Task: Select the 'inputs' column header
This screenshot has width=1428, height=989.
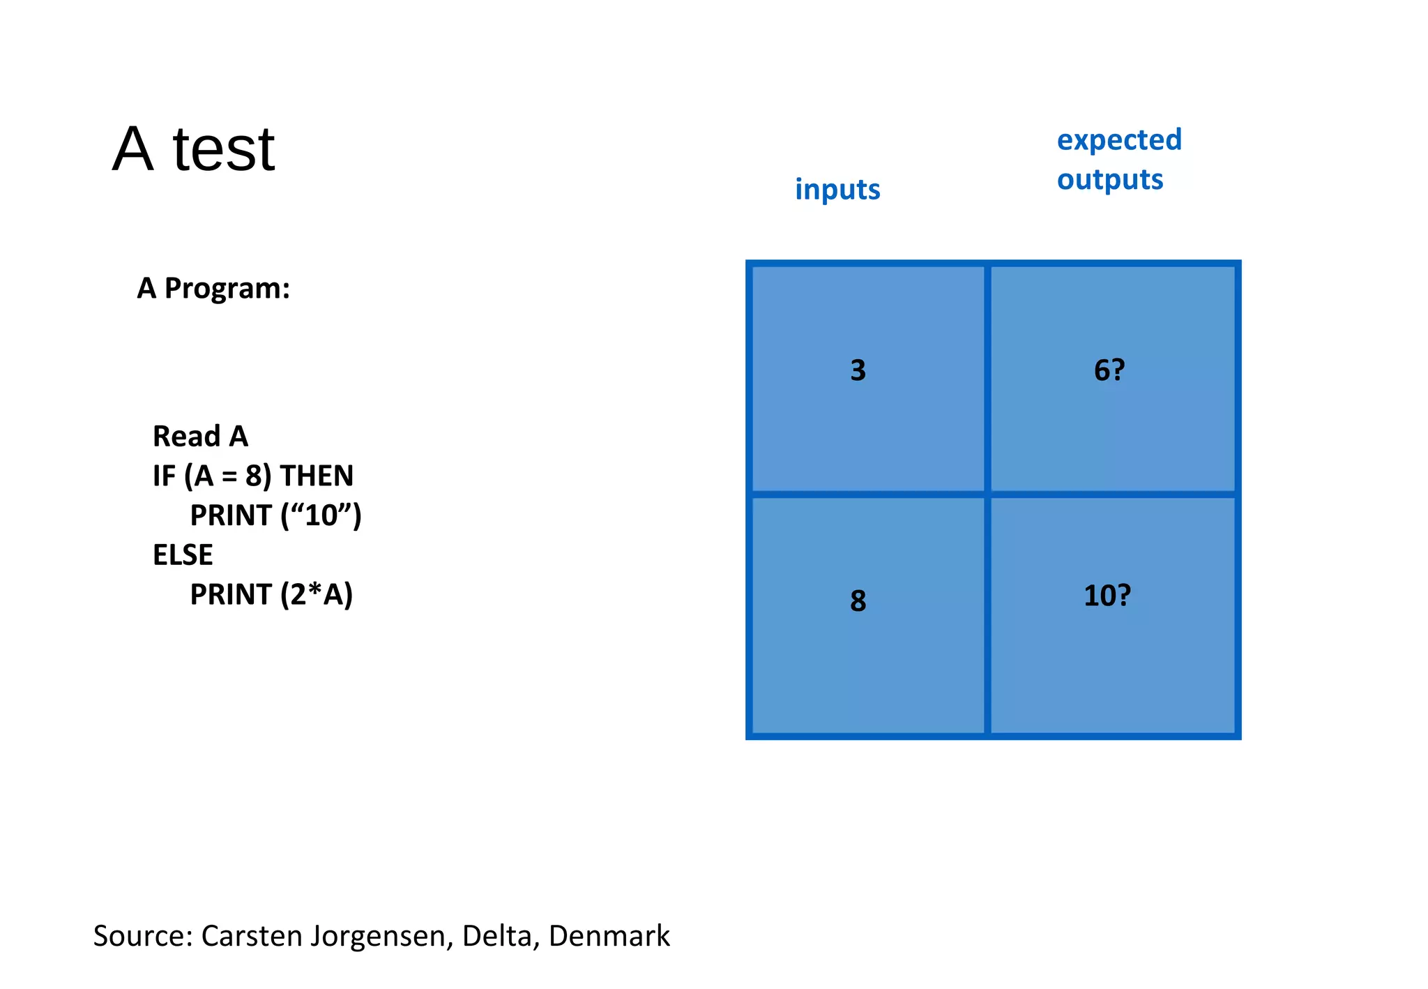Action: pyautogui.click(x=837, y=190)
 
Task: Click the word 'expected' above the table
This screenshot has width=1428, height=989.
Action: pyautogui.click(x=1119, y=140)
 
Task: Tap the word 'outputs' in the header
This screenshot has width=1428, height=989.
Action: pyautogui.click(x=1110, y=180)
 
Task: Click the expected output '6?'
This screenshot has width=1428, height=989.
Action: pyautogui.click(x=1109, y=370)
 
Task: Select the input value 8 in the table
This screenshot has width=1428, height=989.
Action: pyautogui.click(x=858, y=601)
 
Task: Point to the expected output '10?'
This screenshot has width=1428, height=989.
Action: pyautogui.click(x=1107, y=596)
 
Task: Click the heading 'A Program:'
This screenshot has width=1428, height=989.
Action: pyautogui.click(x=213, y=288)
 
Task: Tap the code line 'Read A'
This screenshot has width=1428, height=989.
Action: pyautogui.click(x=200, y=437)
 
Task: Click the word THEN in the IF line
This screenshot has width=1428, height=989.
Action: pyautogui.click(x=317, y=476)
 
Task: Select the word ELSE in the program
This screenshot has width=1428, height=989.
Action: pyautogui.click(x=183, y=555)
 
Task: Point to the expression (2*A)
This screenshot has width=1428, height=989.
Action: pyautogui.click(x=317, y=595)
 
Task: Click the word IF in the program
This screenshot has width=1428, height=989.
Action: pyautogui.click(x=165, y=476)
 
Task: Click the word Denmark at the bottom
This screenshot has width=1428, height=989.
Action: pyautogui.click(x=609, y=936)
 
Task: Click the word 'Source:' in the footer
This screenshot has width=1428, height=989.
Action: pyautogui.click(x=143, y=936)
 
